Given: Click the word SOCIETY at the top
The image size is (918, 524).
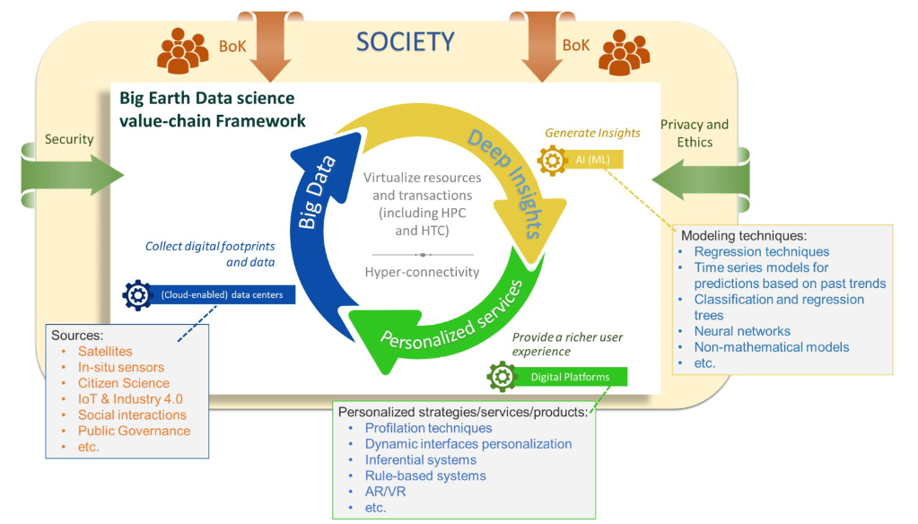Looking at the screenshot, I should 405,41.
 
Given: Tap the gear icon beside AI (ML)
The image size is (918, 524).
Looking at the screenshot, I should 550,161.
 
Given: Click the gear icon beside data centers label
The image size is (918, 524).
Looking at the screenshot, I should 137,294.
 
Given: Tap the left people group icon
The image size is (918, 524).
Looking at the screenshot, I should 182,49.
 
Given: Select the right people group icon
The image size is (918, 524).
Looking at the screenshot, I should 624,51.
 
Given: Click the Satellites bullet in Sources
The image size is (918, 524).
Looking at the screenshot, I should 105,351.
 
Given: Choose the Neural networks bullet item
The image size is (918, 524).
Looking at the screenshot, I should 741,331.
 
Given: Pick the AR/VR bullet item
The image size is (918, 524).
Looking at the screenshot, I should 385,492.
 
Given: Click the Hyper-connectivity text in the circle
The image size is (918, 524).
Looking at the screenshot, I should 422,272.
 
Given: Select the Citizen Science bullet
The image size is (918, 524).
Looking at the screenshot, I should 123,383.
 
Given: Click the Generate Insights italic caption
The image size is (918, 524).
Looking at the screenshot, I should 592,133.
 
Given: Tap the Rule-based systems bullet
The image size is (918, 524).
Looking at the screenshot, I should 425,476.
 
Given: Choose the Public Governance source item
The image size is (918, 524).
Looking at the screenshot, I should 134,431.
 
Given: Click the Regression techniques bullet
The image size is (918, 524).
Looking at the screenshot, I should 761,251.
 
